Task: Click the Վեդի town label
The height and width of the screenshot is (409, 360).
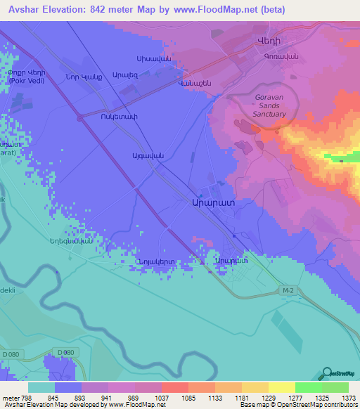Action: pos(270,41)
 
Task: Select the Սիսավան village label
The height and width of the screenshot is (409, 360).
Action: pos(153,58)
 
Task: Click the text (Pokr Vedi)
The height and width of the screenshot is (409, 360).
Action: pos(29,82)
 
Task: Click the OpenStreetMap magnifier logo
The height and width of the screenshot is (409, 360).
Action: pos(328,374)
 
